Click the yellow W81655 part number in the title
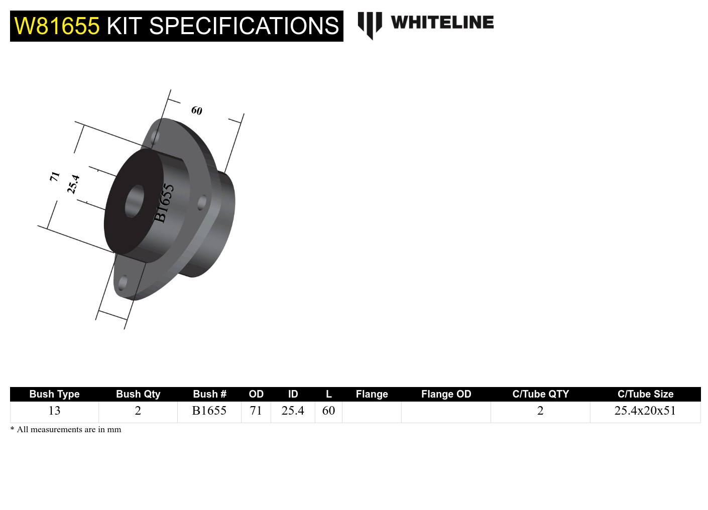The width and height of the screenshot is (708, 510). (57, 26)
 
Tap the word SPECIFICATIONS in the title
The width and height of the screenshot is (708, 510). (244, 26)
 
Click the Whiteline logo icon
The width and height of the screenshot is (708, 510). (370, 25)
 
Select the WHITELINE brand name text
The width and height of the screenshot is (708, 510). (442, 23)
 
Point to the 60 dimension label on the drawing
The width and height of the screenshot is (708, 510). (196, 110)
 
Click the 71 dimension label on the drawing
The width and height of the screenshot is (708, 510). (55, 176)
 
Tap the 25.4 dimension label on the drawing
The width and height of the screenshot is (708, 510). (73, 184)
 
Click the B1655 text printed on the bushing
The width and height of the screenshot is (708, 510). (164, 203)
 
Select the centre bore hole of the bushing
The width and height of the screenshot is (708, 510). (134, 201)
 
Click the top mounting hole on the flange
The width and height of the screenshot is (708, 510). (156, 137)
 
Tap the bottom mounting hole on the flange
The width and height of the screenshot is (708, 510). (123, 283)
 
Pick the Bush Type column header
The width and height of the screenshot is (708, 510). (54, 394)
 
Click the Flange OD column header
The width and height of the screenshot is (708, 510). (446, 394)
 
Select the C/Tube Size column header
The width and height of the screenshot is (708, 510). (645, 394)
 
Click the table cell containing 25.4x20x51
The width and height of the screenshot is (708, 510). (645, 411)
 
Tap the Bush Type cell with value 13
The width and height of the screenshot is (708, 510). (54, 411)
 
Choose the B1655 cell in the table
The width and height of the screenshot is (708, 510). (209, 411)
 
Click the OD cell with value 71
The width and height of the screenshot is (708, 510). (256, 411)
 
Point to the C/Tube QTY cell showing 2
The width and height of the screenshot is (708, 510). (540, 411)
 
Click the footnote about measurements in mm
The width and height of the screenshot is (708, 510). (66, 430)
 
